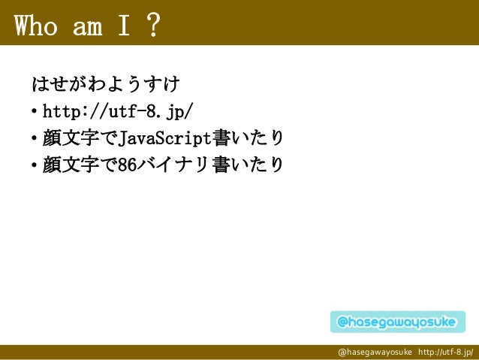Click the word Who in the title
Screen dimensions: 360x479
[38, 26]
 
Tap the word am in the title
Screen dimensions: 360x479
[89, 26]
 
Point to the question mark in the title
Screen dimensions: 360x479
[152, 26]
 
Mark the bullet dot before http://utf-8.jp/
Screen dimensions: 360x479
[35, 113]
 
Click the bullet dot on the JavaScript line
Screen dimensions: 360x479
[35, 139]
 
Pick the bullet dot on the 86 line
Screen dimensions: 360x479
[35, 165]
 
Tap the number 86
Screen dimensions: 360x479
[128, 163]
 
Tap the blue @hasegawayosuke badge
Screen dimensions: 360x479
[396, 322]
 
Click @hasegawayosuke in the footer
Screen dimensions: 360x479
[375, 352]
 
